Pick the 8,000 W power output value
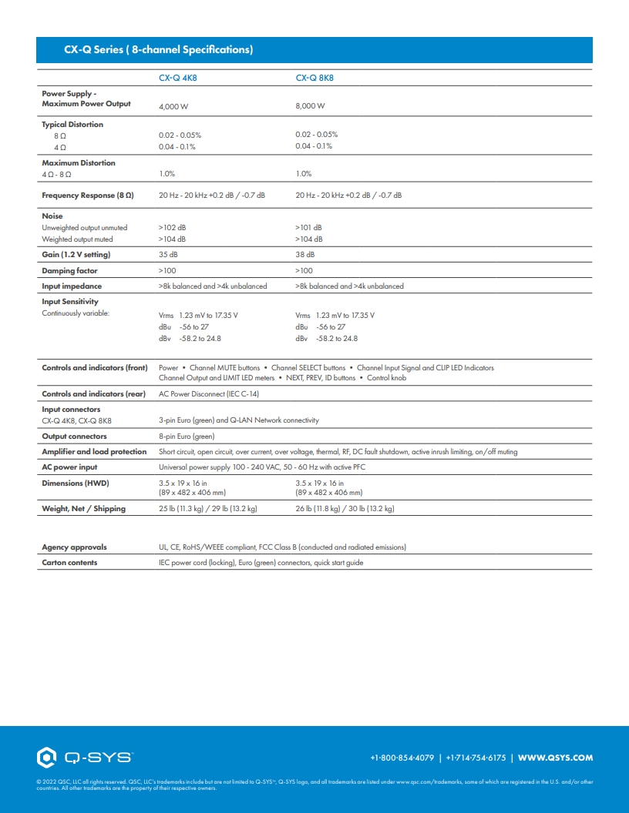(310, 105)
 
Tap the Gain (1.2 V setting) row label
(76, 255)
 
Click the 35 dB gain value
(167, 255)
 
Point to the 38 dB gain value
(304, 255)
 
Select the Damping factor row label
(69, 271)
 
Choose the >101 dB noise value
(308, 228)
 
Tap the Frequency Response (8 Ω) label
(88, 196)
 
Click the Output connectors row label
(74, 437)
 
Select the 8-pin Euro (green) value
(187, 437)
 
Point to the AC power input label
(69, 467)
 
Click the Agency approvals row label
(74, 547)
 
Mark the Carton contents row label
(69, 563)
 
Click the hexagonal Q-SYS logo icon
(46, 758)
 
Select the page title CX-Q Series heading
(158, 50)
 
